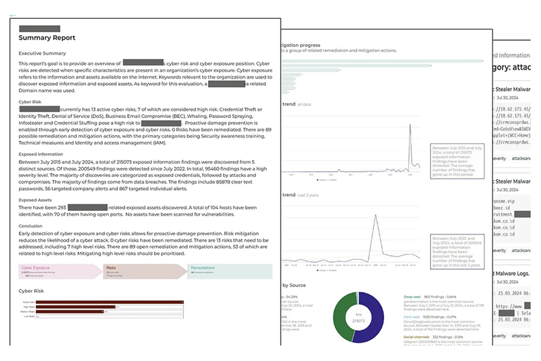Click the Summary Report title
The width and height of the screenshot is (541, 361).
point(47,38)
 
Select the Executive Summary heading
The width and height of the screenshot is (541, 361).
point(42,53)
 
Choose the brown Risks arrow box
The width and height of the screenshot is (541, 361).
point(144,271)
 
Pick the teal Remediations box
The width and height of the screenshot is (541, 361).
point(230,271)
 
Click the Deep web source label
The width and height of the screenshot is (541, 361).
point(412,298)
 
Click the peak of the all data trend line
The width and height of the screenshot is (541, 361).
point(410,125)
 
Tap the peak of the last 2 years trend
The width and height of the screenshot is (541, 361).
point(376,215)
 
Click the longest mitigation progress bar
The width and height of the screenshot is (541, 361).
point(381,61)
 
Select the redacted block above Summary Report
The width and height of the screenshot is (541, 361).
point(39,29)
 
